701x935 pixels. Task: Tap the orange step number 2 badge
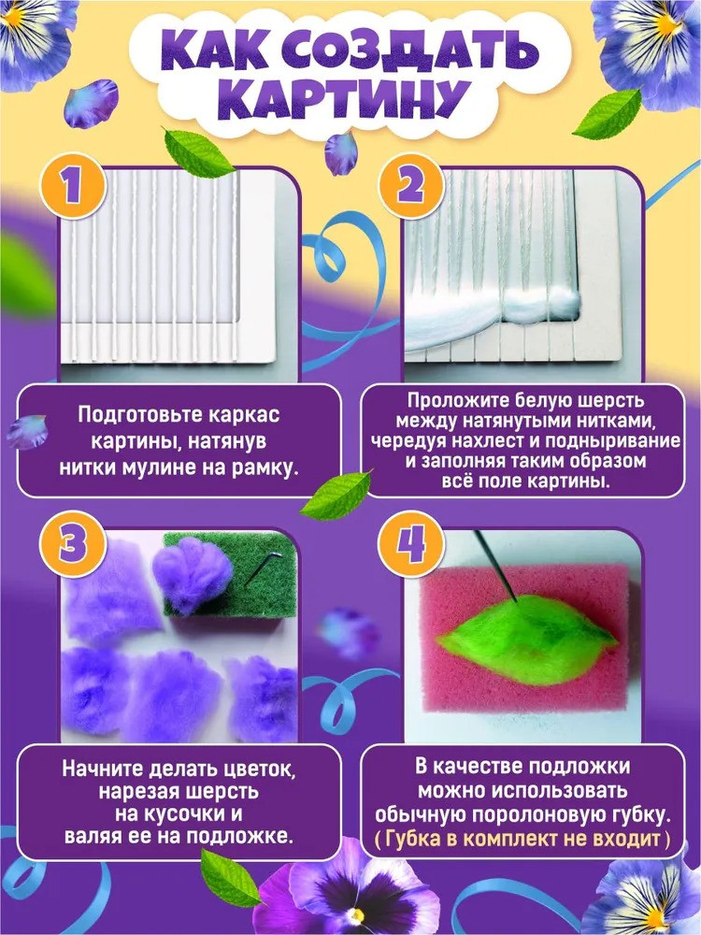point(410,185)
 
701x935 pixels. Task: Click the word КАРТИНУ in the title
point(350,100)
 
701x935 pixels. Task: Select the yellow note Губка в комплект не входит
point(523,839)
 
